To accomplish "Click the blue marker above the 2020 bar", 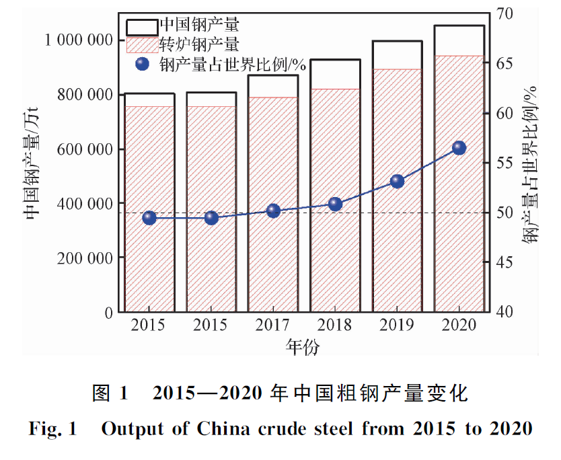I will pyautogui.click(x=459, y=148).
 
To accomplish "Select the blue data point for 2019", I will pyautogui.click(x=397, y=181).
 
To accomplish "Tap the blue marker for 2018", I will pyautogui.click(x=335, y=204).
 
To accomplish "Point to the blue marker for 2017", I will pyautogui.click(x=273, y=210).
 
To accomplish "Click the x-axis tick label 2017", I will pyautogui.click(x=273, y=325).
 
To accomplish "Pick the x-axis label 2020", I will pyautogui.click(x=459, y=325).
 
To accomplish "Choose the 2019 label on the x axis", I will pyautogui.click(x=397, y=325).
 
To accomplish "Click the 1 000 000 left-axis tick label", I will pyautogui.click(x=78, y=40).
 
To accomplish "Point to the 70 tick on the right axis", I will pyautogui.click(x=504, y=13).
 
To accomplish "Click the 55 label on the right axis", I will pyautogui.click(x=504, y=163).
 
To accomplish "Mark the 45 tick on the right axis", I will pyautogui.click(x=504, y=262).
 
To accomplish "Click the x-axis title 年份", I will pyautogui.click(x=302, y=347).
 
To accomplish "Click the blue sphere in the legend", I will pyautogui.click(x=142, y=65).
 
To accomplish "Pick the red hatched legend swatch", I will pyautogui.click(x=141, y=45).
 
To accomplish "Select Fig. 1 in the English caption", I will pyautogui.click(x=53, y=430).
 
